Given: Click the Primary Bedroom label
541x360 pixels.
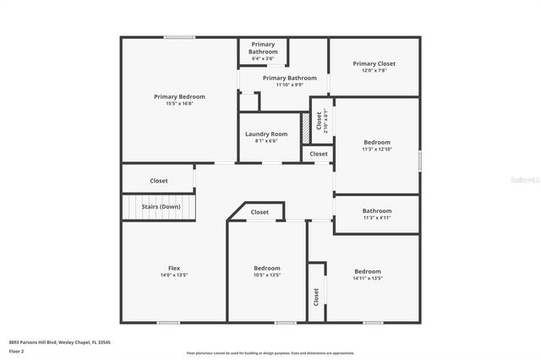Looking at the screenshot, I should coord(179,96).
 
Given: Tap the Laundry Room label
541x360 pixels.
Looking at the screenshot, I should coord(266,134).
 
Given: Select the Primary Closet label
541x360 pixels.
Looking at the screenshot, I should coord(374,63).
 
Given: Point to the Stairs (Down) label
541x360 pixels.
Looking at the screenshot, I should coord(159,206).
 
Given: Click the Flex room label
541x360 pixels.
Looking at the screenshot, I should coord(174,268).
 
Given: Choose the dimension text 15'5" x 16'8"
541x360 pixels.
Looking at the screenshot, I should coord(179,103).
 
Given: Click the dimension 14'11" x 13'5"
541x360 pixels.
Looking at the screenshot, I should coord(368,277).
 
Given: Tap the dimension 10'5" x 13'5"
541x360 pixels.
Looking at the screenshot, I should coord(267,275).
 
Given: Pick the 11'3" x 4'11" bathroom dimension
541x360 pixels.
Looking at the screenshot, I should coord(377,217).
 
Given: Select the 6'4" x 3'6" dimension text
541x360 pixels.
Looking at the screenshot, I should coord(263,58).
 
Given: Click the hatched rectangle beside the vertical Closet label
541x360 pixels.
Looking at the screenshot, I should coord(305,120).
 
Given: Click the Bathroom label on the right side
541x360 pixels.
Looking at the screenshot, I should coord(377,210).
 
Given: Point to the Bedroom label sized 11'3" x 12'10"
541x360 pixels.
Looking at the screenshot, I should coord(377,142).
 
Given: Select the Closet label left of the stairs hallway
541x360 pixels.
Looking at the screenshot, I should coord(159,180).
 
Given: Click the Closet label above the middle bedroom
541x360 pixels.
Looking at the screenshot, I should coord(260,212).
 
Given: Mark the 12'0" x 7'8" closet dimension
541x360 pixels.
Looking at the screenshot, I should coord(374,70).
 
